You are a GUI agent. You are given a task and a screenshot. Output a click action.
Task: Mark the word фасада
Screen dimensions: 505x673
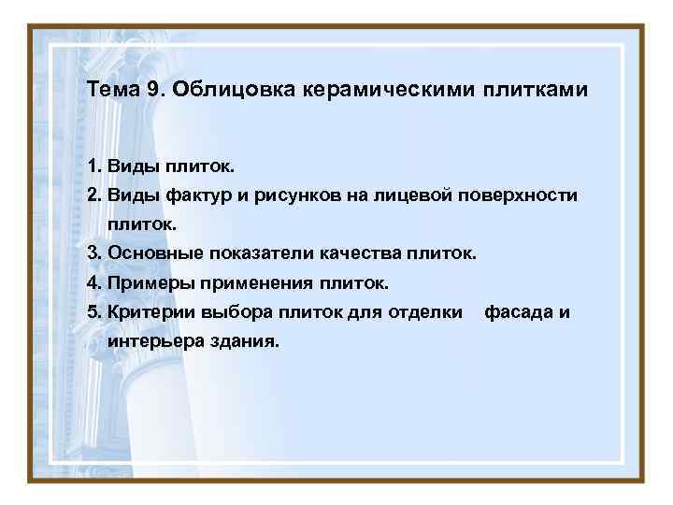pyautogui.click(x=518, y=311)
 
